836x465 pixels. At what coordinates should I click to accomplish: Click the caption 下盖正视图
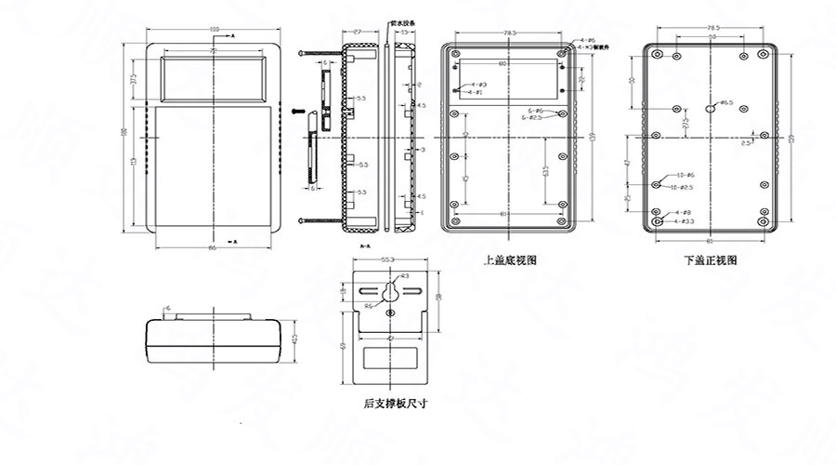711,261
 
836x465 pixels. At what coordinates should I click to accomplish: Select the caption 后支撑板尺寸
395,403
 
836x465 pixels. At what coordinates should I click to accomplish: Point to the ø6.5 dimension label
726,102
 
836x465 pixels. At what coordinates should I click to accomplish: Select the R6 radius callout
369,306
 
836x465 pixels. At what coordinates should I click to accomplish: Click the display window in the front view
216,77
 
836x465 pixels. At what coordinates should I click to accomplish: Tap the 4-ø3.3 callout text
685,221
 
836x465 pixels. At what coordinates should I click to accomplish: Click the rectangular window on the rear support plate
389,359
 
